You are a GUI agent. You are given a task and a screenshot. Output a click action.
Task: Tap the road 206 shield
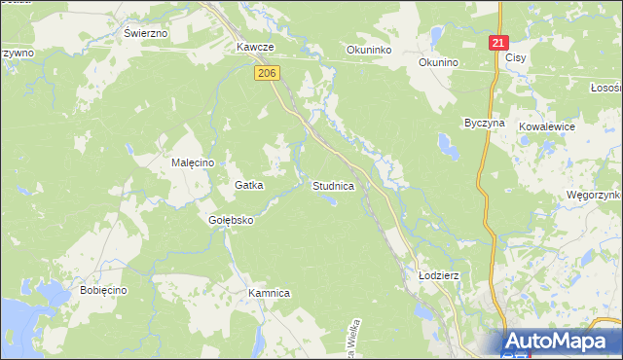(269, 73)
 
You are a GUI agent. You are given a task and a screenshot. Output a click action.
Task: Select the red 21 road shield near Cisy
(498, 44)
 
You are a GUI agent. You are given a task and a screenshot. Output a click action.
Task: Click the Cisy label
(516, 58)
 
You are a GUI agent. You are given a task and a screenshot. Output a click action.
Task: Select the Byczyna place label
(484, 125)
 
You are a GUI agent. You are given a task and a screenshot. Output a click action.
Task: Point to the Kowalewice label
(547, 127)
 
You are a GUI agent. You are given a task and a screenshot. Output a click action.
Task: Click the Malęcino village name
(192, 162)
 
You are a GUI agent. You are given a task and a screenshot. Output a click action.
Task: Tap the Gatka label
(249, 184)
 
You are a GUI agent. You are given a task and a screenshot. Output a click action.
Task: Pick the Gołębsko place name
(231, 220)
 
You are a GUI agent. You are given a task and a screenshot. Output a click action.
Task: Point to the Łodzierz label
(438, 276)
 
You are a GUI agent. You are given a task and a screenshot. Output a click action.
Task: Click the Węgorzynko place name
(594, 195)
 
